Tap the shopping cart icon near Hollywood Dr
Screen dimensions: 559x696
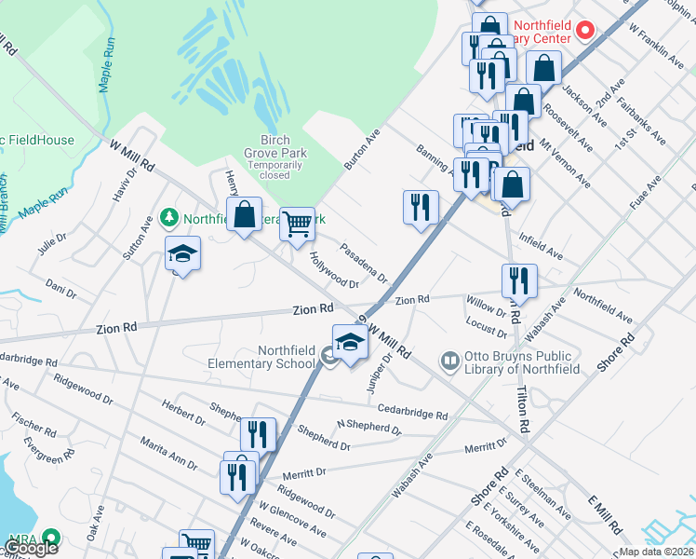(297, 223)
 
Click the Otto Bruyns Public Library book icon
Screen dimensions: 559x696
(451, 359)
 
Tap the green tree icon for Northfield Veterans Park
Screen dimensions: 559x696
(169, 218)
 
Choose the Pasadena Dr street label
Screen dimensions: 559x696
(364, 262)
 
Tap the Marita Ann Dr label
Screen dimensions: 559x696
(168, 451)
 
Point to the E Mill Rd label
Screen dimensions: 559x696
(605, 515)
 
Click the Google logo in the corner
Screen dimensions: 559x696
(32, 548)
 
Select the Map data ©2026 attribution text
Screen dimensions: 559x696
(657, 552)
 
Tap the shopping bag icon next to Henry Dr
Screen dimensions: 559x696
(244, 215)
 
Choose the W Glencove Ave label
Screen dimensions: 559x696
(293, 520)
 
